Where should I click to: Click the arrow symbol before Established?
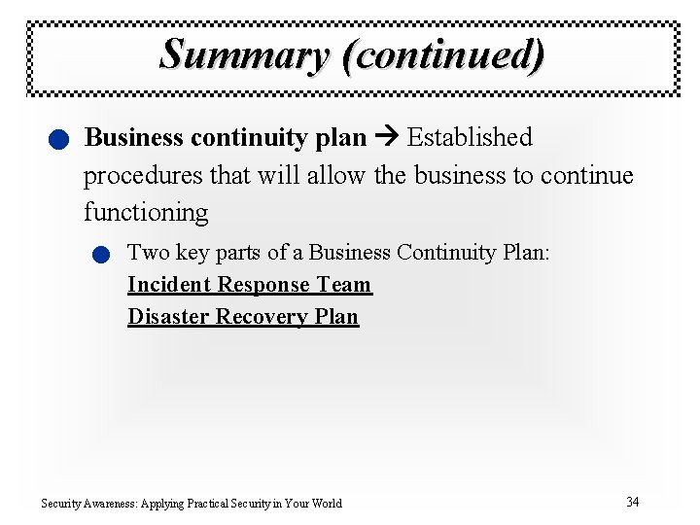coord(387,138)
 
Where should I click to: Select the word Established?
coord(470,138)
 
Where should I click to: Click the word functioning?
coord(146,212)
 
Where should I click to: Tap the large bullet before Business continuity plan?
coord(60,141)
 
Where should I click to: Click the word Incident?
coord(169,285)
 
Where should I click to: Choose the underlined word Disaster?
coord(168,317)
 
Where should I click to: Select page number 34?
coord(633,502)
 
